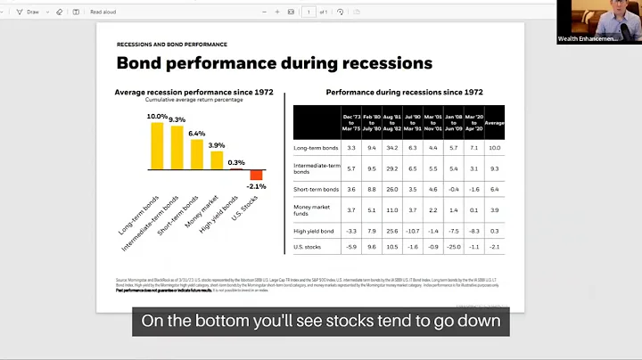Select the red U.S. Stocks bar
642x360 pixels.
[256, 175]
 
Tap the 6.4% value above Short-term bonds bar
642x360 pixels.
[197, 133]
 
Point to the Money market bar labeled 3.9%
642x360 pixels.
[217, 160]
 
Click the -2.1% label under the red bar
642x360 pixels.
[257, 186]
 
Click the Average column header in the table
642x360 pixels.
[495, 121]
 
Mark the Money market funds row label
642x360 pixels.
[312, 209]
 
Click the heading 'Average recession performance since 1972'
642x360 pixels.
[193, 93]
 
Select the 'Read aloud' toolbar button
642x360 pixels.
[103, 12]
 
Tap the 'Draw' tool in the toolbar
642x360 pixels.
[30, 12]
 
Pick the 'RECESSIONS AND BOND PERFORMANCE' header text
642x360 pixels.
[172, 44]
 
